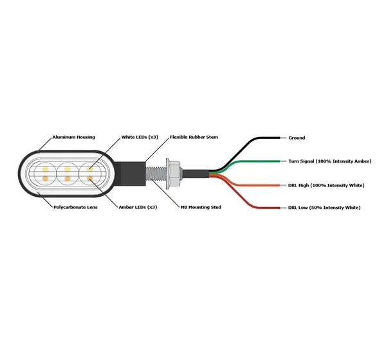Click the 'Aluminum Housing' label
click(x=73, y=138)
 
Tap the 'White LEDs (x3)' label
click(x=140, y=138)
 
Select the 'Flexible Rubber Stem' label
click(x=194, y=137)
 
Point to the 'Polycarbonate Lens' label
click(x=75, y=207)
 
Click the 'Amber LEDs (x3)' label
click(x=138, y=207)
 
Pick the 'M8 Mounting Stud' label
click(x=201, y=207)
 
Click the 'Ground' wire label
click(x=297, y=138)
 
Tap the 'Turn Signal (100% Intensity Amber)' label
click(x=330, y=161)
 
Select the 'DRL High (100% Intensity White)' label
click(x=326, y=185)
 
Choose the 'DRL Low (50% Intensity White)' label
click(x=324, y=208)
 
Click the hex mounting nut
click(x=174, y=174)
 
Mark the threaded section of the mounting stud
click(x=156, y=174)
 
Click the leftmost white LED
click(x=45, y=169)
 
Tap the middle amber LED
click(x=68, y=178)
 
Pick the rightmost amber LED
click(x=90, y=178)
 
